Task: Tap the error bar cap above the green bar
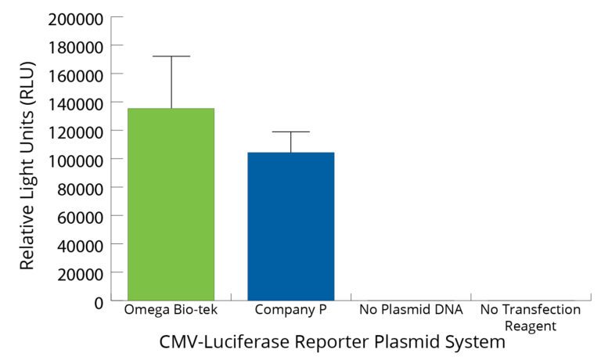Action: (171, 56)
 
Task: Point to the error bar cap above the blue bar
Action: (291, 131)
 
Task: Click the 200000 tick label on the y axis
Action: (76, 18)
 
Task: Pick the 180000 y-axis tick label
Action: (76, 46)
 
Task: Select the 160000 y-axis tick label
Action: (76, 74)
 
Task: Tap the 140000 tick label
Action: (76, 103)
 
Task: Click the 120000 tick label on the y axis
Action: (76, 131)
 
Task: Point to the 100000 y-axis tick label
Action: (76, 160)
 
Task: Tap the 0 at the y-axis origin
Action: (98, 301)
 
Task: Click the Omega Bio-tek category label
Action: (171, 310)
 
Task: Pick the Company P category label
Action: (290, 310)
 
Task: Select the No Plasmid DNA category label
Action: (411, 310)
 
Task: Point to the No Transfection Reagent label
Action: (531, 317)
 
